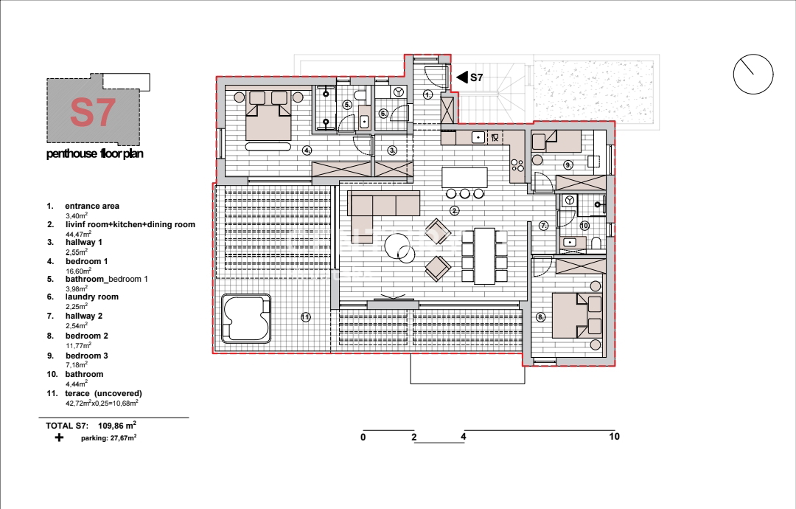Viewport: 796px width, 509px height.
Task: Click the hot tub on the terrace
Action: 245,319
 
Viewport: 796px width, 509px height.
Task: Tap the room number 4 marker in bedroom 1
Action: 307,150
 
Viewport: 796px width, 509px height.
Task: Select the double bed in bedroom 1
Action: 268,116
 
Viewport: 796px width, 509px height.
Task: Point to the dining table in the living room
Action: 485,256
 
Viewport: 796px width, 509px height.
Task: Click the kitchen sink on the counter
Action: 478,137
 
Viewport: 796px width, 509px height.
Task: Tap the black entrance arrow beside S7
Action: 461,77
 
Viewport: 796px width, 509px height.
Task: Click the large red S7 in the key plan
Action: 92,113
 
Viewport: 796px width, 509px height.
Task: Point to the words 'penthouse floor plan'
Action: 95,153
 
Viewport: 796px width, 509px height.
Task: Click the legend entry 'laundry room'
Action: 92,297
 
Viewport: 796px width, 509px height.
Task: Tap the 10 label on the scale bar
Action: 614,437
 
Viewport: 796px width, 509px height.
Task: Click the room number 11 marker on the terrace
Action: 305,317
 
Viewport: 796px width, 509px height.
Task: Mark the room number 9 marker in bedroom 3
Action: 568,165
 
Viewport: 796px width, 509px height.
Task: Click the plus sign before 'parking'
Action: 60,437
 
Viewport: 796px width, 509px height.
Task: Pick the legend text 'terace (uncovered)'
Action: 104,393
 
